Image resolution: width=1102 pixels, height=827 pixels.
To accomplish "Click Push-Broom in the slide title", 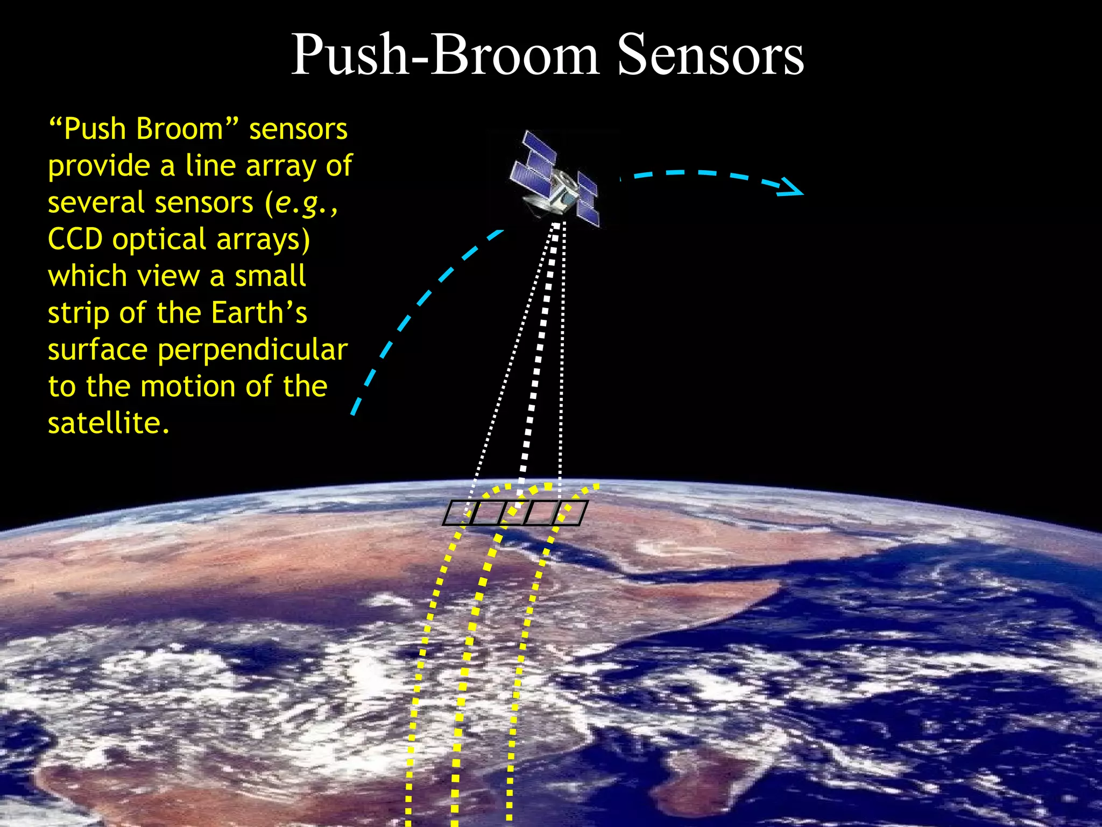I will pyautogui.click(x=444, y=55).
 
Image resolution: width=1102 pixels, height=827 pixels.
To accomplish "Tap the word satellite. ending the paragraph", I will pyautogui.click(x=108, y=424).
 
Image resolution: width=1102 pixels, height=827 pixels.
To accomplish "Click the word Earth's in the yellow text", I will pyautogui.click(x=259, y=313).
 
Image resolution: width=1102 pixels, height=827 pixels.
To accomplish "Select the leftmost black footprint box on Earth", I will pyautogui.click(x=457, y=513).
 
